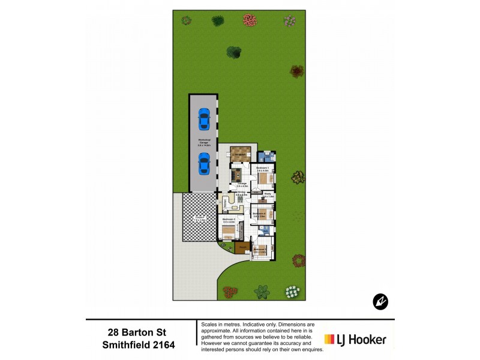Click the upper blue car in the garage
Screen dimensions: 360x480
pos(203,119)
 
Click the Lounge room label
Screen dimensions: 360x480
pos(242,185)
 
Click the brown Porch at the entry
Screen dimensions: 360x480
pos(242,247)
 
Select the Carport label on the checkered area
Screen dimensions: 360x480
pos(200,218)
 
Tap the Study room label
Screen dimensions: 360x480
pos(269,194)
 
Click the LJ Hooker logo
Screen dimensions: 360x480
pos(355,339)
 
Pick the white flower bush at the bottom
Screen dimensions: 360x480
pos(292,292)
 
